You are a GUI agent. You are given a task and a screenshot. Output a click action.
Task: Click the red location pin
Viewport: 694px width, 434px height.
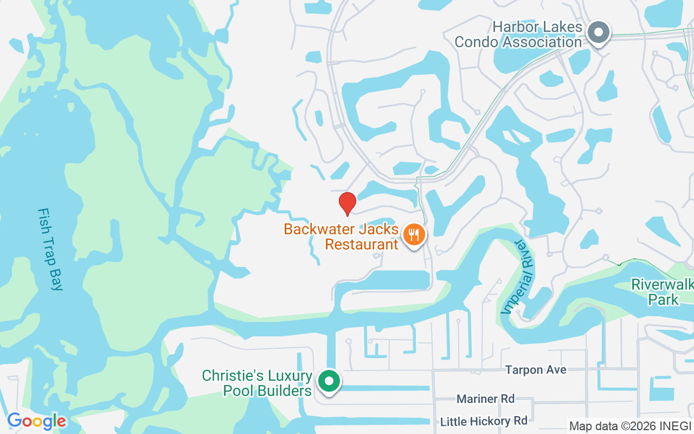(x=347, y=203)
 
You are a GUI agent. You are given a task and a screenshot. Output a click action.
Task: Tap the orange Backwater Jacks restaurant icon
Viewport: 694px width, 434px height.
(x=415, y=235)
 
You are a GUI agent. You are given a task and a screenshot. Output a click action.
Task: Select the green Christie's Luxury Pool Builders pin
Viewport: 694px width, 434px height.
(x=328, y=381)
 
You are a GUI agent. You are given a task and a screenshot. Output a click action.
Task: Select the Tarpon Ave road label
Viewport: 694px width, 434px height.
(x=536, y=370)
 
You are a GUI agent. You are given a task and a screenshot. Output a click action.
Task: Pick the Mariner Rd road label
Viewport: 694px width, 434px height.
(x=485, y=399)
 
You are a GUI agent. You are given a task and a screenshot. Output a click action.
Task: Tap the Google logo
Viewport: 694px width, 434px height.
(x=36, y=421)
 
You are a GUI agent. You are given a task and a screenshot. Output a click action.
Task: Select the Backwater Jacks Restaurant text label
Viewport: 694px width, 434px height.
(x=342, y=237)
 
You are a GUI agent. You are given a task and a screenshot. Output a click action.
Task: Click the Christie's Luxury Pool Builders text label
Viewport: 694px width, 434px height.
(x=257, y=383)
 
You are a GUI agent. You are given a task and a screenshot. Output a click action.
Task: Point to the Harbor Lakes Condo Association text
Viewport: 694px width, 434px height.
(x=518, y=34)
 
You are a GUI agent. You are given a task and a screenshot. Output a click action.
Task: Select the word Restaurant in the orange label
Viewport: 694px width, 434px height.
(x=362, y=245)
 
